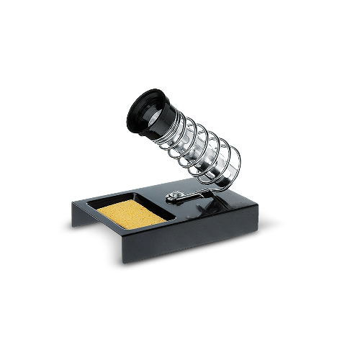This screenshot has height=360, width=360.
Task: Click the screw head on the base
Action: [x=173, y=195]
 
